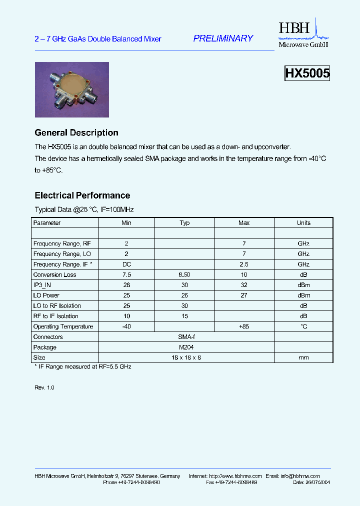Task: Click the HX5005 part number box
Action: [307, 73]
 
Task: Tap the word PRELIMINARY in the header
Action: [223, 38]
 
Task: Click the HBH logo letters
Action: [294, 29]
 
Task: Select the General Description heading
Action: [76, 133]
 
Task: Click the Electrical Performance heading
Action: [82, 195]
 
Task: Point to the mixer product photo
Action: [71, 89]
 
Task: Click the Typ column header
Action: [184, 223]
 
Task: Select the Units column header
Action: [303, 223]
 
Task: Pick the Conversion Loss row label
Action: [55, 274]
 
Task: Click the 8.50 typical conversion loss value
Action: [184, 274]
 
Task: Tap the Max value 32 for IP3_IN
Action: [244, 285]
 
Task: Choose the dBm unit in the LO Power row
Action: [303, 295]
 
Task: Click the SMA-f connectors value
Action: [184, 337]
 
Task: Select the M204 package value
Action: [184, 347]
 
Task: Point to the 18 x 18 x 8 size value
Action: [184, 357]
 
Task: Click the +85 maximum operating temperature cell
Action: [244, 326]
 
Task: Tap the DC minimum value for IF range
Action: [126, 264]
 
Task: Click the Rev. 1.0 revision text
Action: [44, 387]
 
